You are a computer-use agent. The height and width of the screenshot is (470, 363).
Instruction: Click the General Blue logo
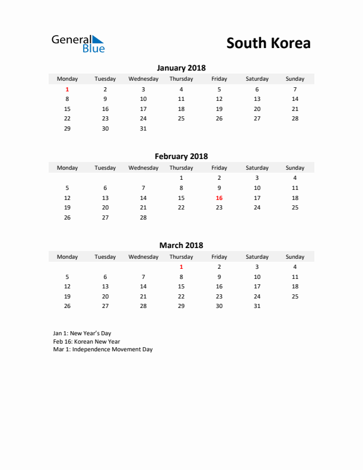click(78, 43)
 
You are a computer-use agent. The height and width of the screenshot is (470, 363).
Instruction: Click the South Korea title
click(268, 43)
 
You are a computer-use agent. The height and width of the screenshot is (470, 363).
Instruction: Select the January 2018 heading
click(181, 68)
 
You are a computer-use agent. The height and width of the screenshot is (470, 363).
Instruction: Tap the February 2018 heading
click(181, 157)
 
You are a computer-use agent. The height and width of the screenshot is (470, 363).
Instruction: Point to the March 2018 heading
click(181, 245)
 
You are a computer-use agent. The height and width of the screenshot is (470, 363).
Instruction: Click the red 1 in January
click(67, 89)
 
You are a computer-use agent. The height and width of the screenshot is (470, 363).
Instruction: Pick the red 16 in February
click(219, 198)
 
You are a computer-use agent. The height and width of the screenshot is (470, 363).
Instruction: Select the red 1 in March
click(181, 266)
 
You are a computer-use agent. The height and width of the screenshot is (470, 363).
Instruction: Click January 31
click(143, 128)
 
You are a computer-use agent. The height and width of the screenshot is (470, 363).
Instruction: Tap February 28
click(143, 217)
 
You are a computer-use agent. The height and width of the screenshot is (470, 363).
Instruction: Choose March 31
click(257, 306)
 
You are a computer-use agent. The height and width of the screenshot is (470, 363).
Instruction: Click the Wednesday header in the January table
click(143, 79)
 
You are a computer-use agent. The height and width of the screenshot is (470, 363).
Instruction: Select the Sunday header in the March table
click(295, 257)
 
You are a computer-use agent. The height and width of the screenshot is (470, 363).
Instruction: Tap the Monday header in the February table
click(67, 168)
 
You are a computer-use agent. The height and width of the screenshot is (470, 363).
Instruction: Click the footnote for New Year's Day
click(82, 334)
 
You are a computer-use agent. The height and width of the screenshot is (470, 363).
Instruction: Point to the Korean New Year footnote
click(86, 341)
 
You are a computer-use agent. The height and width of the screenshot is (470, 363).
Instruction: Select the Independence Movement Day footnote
click(103, 350)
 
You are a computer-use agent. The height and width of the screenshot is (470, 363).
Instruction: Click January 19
click(219, 109)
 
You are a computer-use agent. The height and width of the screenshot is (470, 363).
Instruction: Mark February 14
click(143, 198)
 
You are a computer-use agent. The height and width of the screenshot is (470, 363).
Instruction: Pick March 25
click(295, 296)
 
